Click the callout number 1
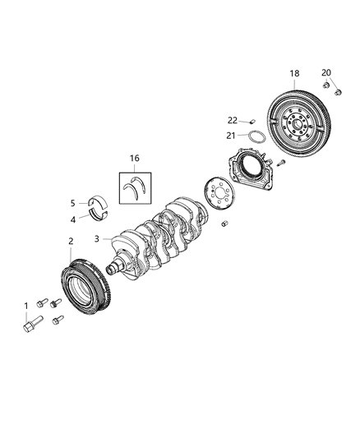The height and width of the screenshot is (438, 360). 25,306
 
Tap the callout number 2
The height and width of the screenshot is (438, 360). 71,240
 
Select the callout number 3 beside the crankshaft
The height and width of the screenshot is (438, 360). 98,238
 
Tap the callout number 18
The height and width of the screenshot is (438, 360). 294,73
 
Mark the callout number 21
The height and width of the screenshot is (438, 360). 232,136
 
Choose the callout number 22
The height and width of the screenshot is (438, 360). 232,121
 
